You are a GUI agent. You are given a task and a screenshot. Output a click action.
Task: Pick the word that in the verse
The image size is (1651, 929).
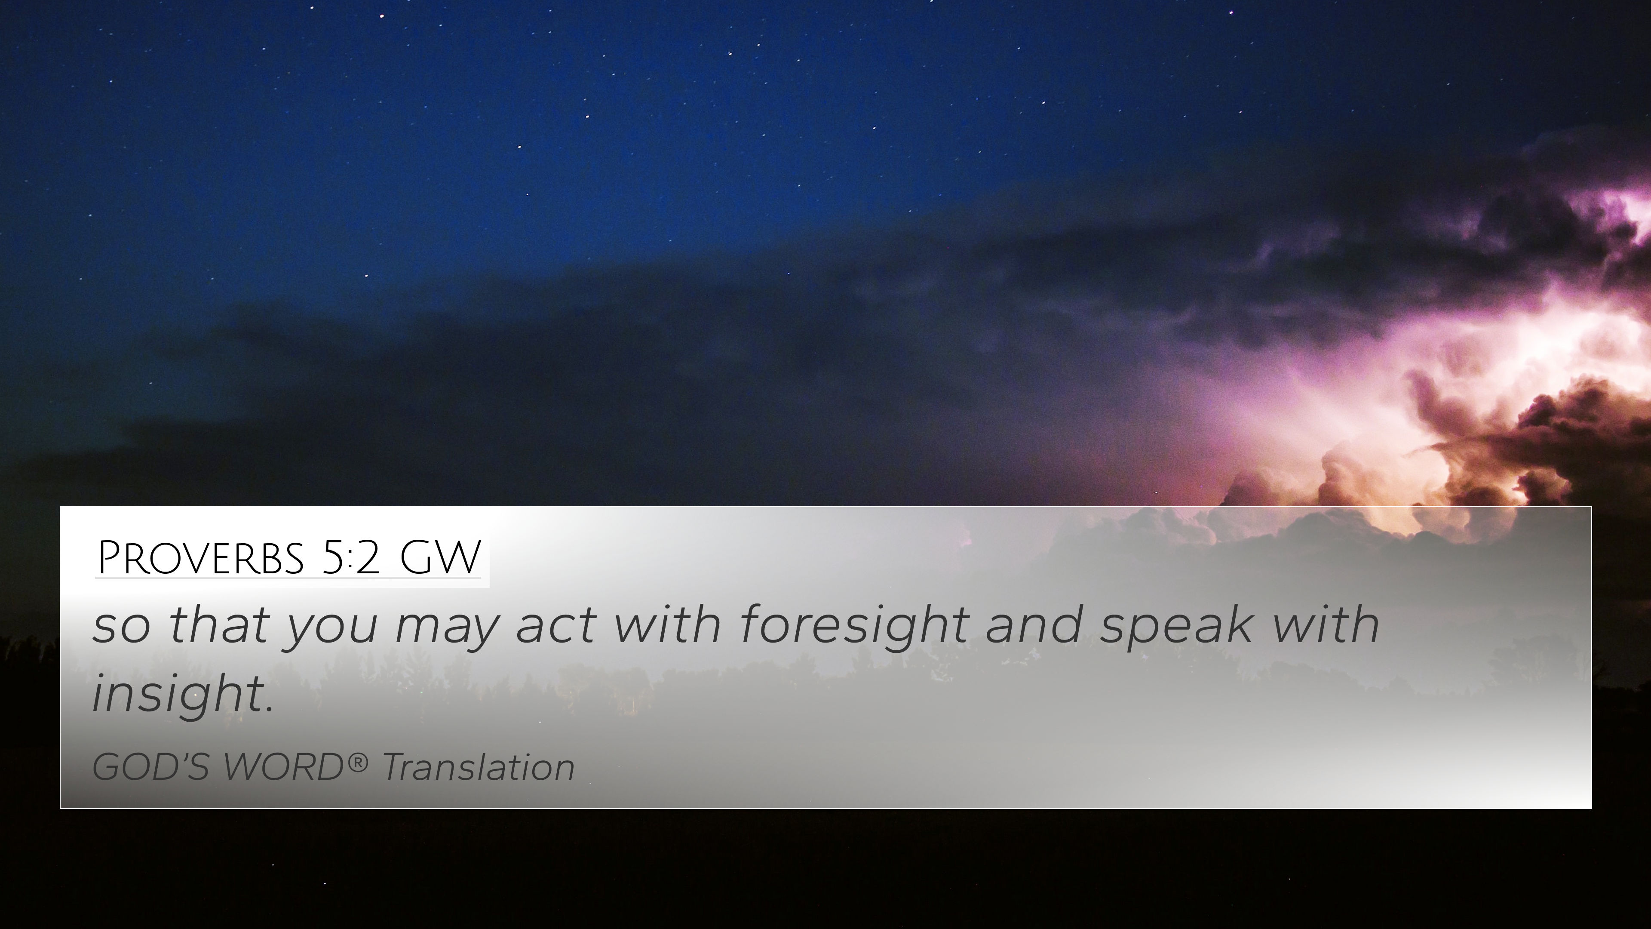tap(218, 625)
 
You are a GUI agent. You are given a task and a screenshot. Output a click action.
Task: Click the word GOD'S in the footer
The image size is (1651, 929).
tap(150, 767)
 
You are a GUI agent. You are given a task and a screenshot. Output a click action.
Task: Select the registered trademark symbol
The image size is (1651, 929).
tap(358, 762)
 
